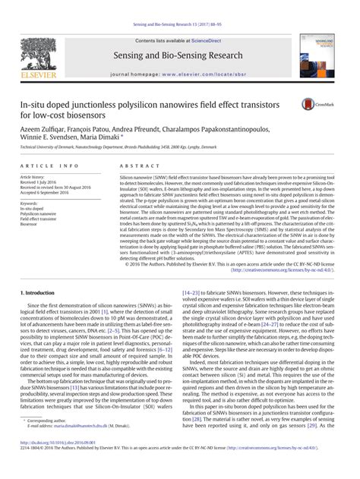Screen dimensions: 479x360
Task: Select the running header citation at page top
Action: pos(180,6)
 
